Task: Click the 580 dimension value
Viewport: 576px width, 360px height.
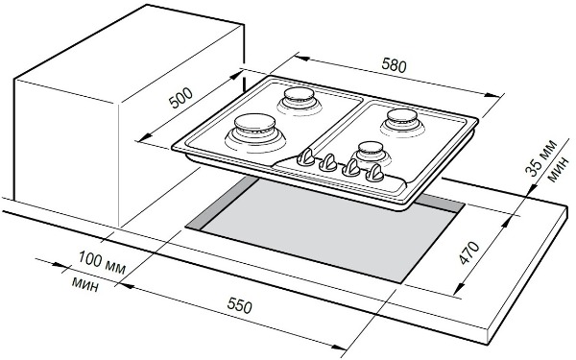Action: click(x=395, y=65)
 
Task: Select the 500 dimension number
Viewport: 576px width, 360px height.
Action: click(x=180, y=98)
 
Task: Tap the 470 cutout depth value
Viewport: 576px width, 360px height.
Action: click(x=469, y=252)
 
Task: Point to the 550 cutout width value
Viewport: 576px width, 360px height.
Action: click(x=239, y=305)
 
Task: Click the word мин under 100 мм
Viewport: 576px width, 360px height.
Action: click(x=85, y=283)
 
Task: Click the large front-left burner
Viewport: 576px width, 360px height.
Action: click(x=255, y=132)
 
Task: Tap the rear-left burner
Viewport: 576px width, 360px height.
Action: click(x=300, y=101)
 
